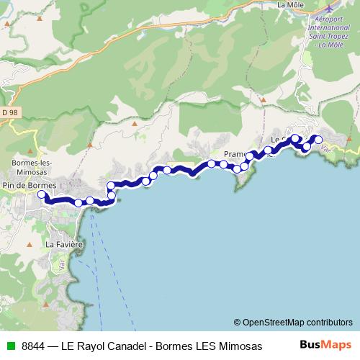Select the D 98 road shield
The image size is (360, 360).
9,113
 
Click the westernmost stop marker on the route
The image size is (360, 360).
42,194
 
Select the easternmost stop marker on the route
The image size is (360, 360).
318,140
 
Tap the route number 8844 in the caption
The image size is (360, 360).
32,346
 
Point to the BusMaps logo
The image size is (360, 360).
325,345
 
